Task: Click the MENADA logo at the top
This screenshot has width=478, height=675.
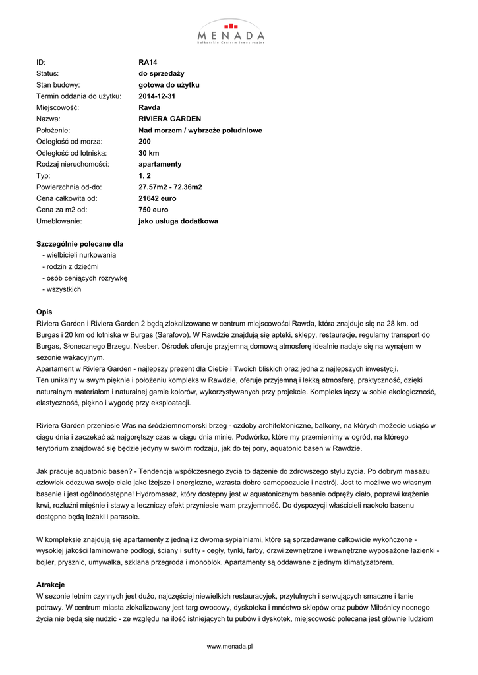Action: tap(231, 31)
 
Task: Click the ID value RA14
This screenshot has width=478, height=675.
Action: tap(148, 63)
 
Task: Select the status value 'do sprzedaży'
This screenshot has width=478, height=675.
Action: tap(162, 74)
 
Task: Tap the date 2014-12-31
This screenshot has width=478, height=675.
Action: tap(157, 96)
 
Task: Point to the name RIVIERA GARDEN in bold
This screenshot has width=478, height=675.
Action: tap(170, 119)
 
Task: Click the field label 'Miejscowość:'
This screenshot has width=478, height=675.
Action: tap(57, 108)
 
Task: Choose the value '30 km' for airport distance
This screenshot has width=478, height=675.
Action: tap(149, 153)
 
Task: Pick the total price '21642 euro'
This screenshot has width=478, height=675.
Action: tap(158, 198)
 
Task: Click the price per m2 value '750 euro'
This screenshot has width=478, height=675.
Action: tap(154, 210)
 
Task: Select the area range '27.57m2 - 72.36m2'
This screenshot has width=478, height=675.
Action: tap(170, 187)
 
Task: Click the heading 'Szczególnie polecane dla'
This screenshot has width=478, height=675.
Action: tap(80, 244)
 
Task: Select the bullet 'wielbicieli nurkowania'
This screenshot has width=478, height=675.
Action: tap(81, 255)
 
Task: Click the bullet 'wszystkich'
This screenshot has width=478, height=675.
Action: tap(64, 289)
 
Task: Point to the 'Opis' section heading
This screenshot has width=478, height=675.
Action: tap(44, 312)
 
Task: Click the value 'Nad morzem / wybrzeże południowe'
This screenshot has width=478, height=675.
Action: tap(200, 131)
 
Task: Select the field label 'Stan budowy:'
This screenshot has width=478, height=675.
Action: tap(58, 85)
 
